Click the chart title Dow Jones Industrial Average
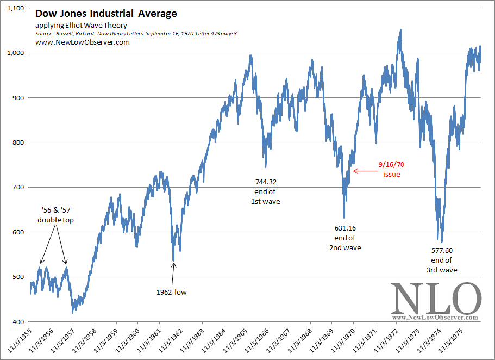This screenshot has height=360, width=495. [x=105, y=14]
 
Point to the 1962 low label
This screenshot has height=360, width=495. [x=172, y=293]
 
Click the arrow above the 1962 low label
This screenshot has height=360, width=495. [x=173, y=274]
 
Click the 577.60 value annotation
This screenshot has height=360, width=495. [x=441, y=251]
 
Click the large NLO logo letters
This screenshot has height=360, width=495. [x=436, y=298]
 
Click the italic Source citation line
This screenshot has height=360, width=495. [x=136, y=34]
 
